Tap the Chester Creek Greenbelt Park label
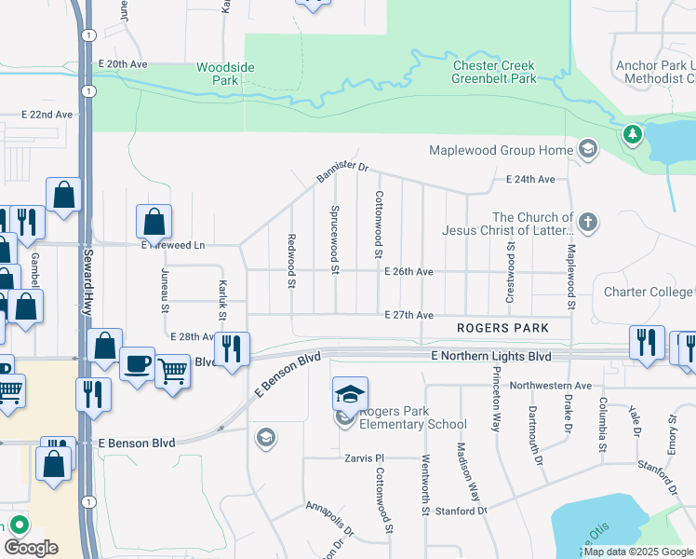point(494,73)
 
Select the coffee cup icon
point(137,363)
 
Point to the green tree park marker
point(633,135)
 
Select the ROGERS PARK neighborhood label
point(502,328)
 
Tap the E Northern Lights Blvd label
point(490,357)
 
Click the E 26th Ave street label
point(409,272)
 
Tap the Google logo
point(31,548)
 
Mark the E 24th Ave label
point(530,179)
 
